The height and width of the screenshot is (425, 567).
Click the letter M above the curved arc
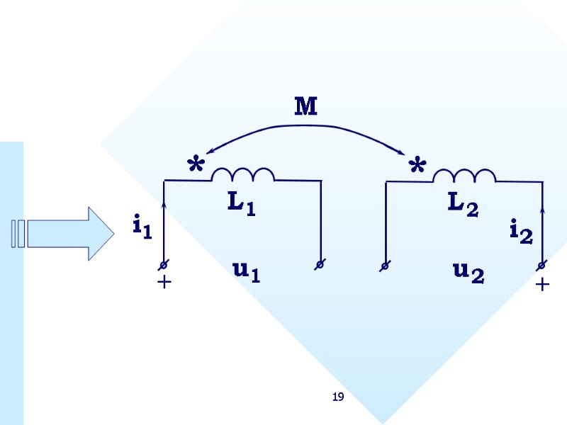(305, 107)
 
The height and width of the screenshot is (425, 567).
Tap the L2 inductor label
(463, 204)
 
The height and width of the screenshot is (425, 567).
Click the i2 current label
(521, 231)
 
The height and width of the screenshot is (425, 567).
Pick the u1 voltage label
(246, 271)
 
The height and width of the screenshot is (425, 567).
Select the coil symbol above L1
(242, 175)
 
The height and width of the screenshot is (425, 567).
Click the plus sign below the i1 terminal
(164, 282)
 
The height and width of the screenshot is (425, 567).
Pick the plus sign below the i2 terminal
(542, 284)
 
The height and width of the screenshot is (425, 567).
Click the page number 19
(338, 397)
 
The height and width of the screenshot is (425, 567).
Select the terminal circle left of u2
(385, 266)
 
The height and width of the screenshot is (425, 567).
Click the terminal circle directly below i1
(164, 264)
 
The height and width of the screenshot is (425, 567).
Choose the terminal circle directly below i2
(542, 266)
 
